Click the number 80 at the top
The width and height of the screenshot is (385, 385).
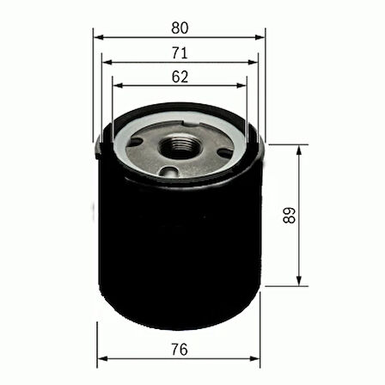180,27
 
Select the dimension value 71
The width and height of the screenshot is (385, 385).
180,52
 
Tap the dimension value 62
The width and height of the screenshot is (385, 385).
180,76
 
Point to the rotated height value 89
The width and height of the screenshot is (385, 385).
314,215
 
